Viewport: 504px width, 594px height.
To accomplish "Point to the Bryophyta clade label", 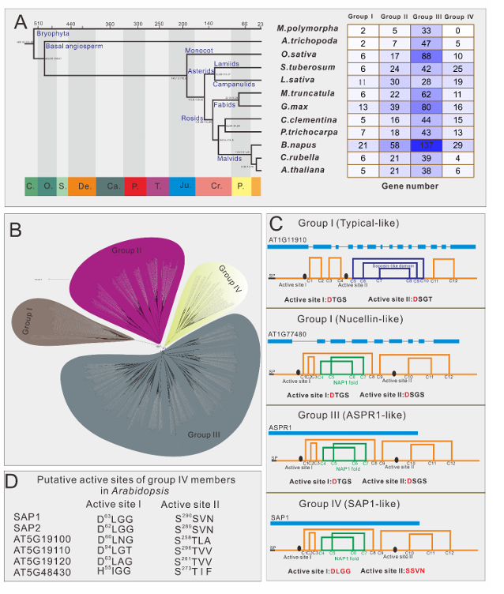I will [54, 34].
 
